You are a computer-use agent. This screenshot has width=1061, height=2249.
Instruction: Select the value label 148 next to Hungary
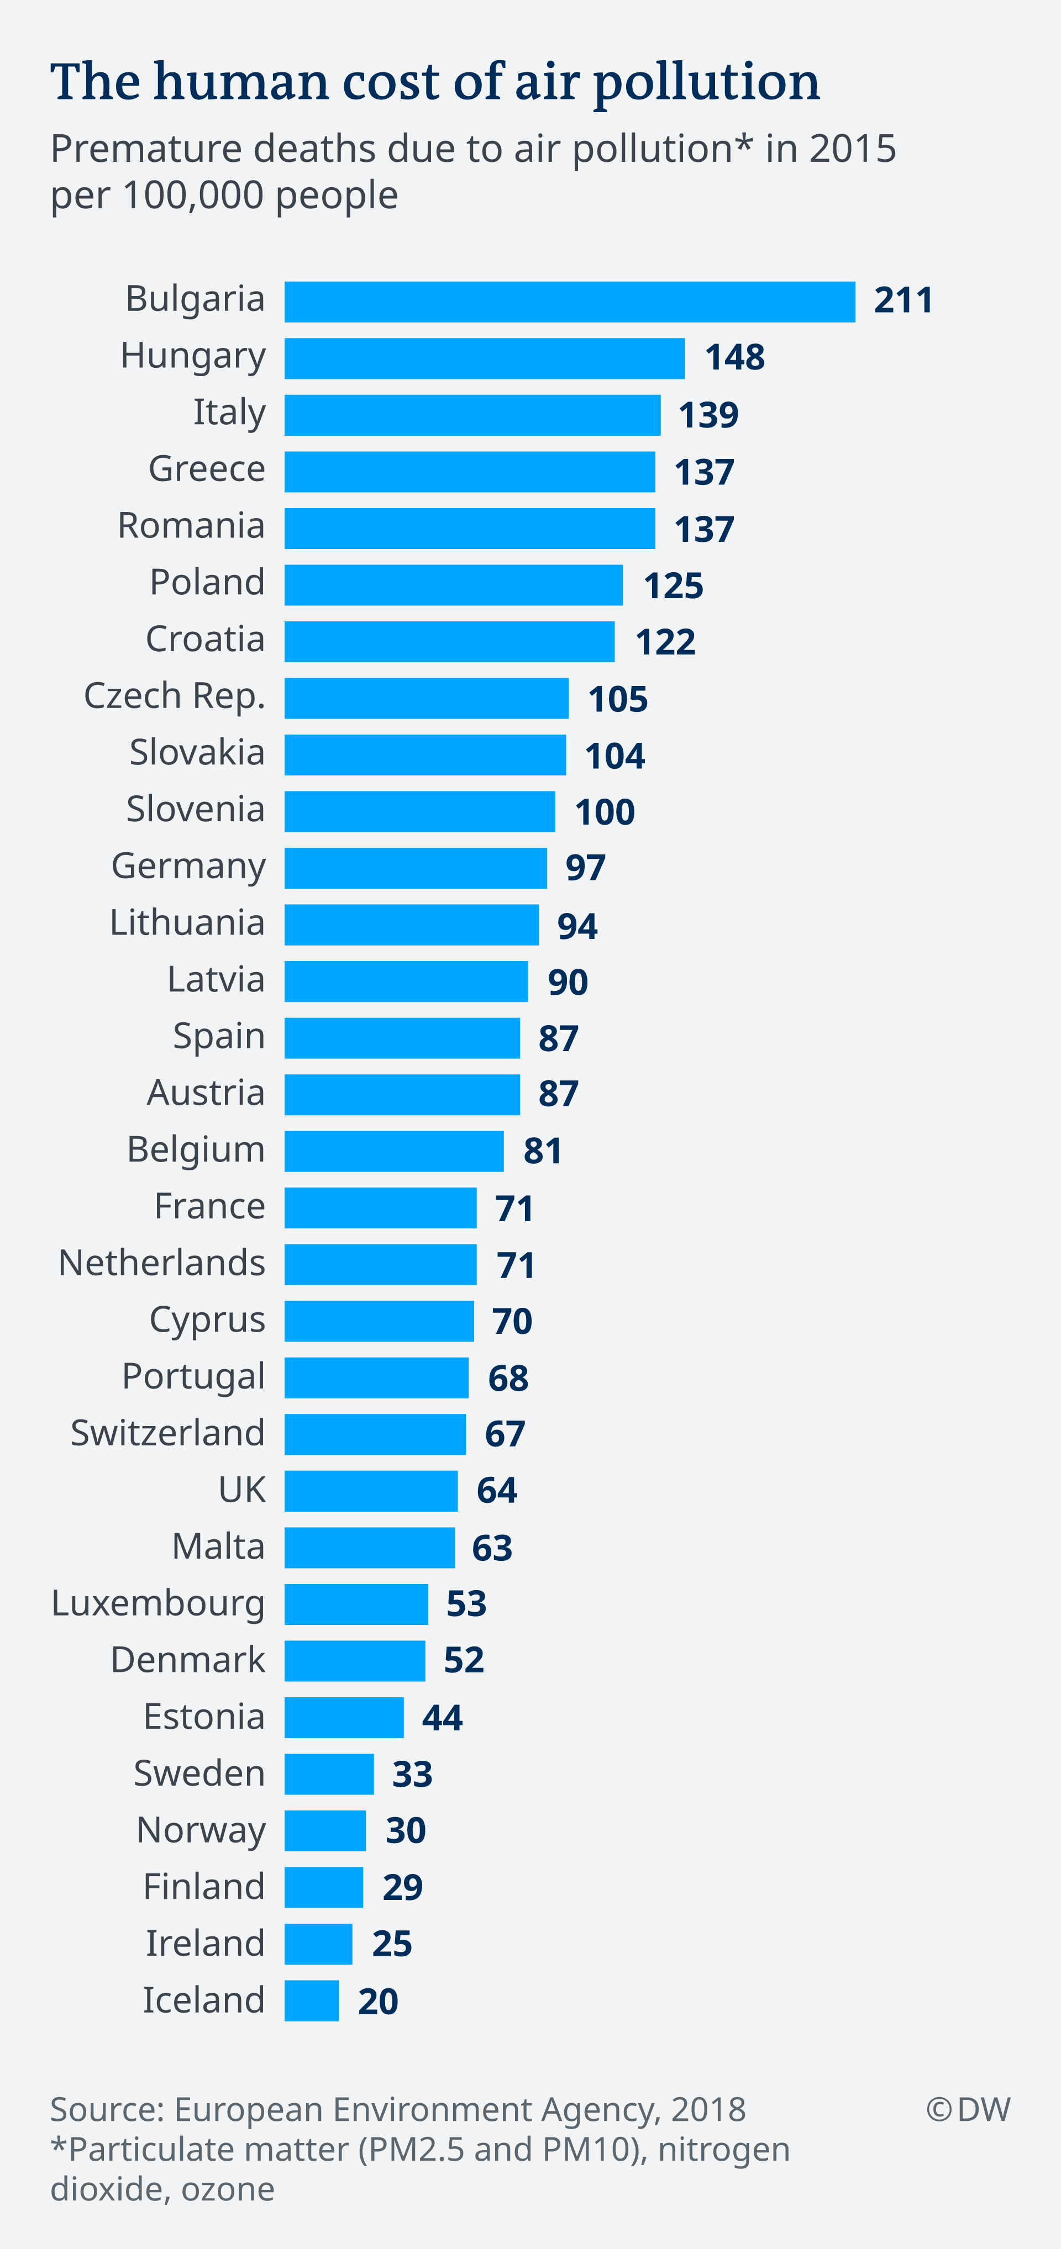[x=734, y=358]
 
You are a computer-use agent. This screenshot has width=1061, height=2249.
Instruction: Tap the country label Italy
[x=229, y=412]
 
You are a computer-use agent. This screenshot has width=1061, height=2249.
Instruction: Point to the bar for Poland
[x=453, y=585]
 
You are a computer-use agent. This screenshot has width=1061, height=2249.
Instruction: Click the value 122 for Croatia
[x=665, y=642]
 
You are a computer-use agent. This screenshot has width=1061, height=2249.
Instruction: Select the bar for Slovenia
[x=419, y=812]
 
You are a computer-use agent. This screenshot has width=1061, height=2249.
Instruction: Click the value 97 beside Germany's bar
[x=585, y=868]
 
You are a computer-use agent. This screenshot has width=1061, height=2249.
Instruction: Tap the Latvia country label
[x=216, y=980]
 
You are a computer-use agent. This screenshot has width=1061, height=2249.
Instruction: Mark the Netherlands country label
[x=161, y=1263]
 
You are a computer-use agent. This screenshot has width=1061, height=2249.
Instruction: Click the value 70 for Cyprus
[x=512, y=1322]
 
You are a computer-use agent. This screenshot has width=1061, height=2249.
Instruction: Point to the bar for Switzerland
[x=375, y=1434]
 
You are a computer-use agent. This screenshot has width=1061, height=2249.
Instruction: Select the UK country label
[x=242, y=1490]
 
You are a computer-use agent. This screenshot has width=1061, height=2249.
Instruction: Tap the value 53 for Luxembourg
[x=466, y=1604]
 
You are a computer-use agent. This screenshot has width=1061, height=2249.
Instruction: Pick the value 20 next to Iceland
[x=378, y=2001]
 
